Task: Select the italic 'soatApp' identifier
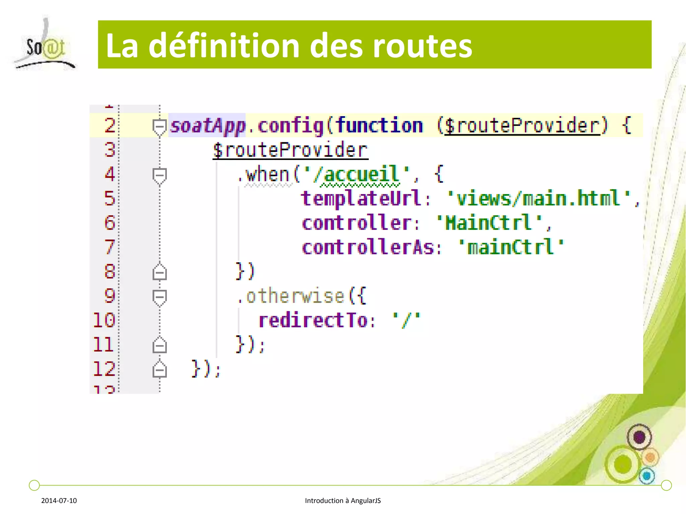click(208, 126)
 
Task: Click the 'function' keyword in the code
click(379, 126)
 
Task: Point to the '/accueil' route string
click(357, 175)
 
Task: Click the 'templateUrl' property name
click(361, 198)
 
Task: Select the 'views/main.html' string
click(539, 199)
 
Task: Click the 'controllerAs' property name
click(368, 248)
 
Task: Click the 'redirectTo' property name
click(313, 321)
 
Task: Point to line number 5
click(110, 198)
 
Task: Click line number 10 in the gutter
click(104, 320)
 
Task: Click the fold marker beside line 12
click(159, 370)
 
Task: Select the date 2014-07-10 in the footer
click(59, 501)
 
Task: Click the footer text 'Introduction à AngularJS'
click(343, 501)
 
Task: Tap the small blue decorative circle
click(647, 476)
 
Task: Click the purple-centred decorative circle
click(639, 437)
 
